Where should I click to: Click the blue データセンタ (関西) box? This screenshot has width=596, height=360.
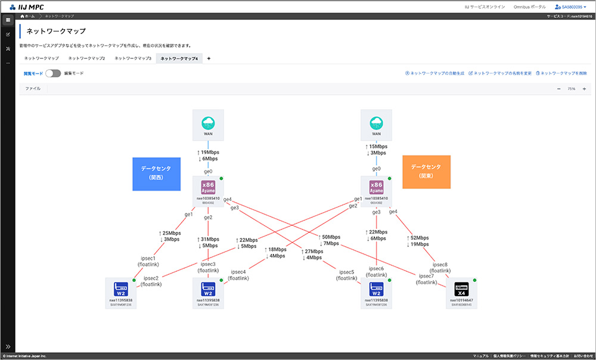tap(156, 173)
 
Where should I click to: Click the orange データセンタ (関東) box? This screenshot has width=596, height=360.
tap(426, 172)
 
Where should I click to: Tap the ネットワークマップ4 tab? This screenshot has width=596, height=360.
tap(179, 58)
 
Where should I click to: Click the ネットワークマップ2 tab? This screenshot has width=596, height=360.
tap(86, 58)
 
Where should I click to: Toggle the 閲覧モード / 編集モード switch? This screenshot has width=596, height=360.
tap(53, 73)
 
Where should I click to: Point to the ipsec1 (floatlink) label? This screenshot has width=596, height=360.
tap(147, 261)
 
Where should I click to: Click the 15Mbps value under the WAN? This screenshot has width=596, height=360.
tap(377, 147)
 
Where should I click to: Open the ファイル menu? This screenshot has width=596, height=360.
tap(33, 88)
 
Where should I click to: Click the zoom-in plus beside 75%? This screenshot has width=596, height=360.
tap(584, 89)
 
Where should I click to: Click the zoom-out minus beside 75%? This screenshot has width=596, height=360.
tap(558, 89)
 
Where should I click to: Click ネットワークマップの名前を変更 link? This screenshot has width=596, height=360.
tap(500, 73)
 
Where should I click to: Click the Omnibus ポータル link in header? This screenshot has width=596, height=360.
tap(529, 7)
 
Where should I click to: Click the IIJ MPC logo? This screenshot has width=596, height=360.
tap(27, 7)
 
